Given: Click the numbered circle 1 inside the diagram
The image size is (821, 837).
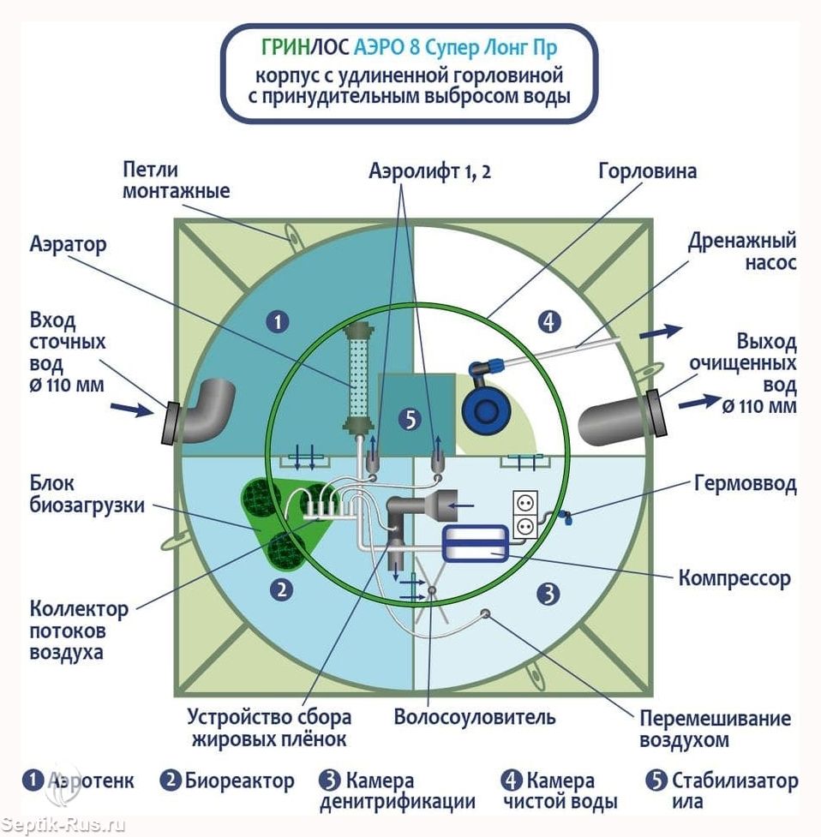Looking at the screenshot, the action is point(278,322).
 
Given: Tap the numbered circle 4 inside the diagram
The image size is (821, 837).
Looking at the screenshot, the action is point(550,322).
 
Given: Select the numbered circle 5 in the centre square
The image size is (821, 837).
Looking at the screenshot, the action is point(410,420).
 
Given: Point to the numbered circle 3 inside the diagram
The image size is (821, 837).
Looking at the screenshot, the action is point(548,594).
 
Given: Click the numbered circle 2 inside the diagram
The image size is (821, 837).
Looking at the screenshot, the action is point(281,590).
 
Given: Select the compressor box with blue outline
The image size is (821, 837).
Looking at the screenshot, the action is point(475,543).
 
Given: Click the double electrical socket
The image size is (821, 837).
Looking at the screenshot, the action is point(524,514).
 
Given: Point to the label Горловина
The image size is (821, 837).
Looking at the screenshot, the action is point(647,172).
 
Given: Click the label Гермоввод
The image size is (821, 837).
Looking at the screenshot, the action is point(746,484).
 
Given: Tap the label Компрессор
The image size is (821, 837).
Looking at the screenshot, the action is point(734,578).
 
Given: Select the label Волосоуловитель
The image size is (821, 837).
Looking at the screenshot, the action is point(475,717).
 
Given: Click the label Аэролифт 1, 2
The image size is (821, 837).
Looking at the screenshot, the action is point(429,172).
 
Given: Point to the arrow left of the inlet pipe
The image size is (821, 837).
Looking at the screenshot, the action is point(132,410).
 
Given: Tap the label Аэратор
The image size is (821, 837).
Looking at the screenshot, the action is point(69,245).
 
